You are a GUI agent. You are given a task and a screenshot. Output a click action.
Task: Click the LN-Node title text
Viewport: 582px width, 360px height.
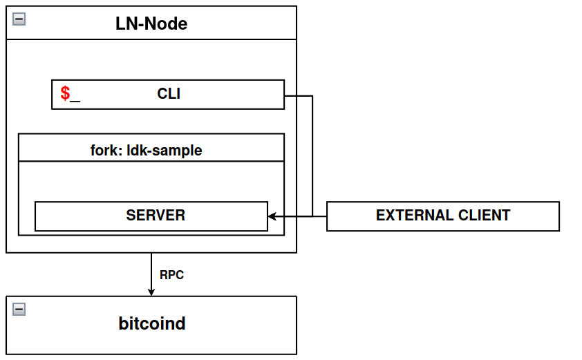pos(151,23)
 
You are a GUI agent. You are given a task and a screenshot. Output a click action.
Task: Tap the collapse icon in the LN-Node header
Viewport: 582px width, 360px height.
pos(19,19)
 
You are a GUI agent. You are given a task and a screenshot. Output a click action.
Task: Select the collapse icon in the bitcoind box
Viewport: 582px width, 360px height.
pos(19,309)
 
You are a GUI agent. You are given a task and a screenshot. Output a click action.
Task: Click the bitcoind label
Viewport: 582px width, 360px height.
pos(151,323)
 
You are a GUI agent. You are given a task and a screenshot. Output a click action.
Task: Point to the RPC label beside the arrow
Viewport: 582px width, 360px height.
pos(171,274)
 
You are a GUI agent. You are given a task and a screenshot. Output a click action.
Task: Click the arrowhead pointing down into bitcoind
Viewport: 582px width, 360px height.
pos(151,291)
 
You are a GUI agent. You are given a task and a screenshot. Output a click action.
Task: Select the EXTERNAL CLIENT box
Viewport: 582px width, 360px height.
pos(442,216)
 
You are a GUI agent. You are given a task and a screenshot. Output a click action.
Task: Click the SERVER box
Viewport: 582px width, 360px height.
pos(151,216)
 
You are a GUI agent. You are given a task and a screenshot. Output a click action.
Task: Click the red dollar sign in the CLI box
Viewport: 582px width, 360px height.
pos(65,94)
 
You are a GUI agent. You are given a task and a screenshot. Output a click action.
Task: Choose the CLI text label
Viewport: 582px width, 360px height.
pos(169,94)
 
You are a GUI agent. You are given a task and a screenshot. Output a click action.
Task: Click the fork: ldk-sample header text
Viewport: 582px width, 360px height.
pos(146,150)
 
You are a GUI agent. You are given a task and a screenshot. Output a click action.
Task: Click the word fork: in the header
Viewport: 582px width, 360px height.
pos(106,150)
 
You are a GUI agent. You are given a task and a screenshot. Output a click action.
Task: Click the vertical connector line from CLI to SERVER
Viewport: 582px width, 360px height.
pos(312,155)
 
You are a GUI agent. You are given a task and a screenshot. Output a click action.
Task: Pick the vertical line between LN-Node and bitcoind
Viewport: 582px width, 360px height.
pos(151,269)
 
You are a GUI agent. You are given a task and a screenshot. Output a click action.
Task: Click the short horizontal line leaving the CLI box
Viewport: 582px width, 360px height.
pos(298,96)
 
